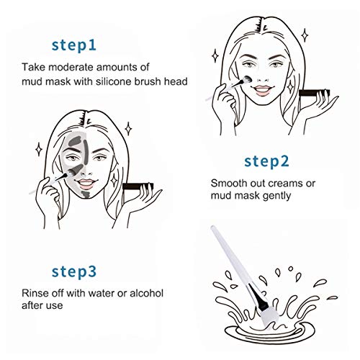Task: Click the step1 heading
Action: pos(84,45)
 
